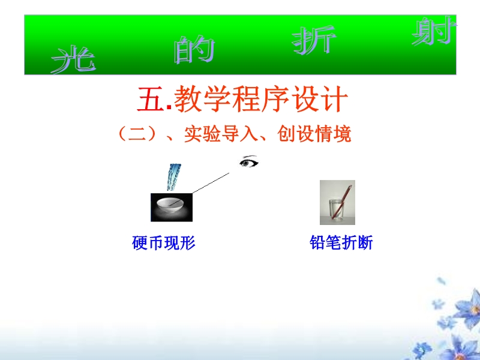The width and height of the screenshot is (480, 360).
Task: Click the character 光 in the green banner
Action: pyautogui.click(x=73, y=59)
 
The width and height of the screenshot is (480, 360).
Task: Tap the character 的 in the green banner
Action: pyautogui.click(x=194, y=50)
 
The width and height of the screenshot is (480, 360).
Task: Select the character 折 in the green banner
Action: pyautogui.click(x=314, y=40)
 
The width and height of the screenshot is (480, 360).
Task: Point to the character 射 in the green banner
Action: pyautogui.click(x=434, y=31)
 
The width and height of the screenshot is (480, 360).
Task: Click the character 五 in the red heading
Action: pyautogui.click(x=150, y=99)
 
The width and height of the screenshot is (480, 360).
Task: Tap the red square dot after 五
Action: pyautogui.click(x=169, y=107)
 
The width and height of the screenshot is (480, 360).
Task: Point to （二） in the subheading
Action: pyautogui.click(x=137, y=134)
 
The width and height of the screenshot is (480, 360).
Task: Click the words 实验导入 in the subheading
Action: pyautogui.click(x=221, y=134)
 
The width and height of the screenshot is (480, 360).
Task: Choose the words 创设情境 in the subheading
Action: pyautogui.click(x=314, y=134)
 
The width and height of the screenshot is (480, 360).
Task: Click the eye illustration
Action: pyautogui.click(x=249, y=161)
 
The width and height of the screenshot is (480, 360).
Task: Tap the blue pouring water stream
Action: pyautogui.click(x=174, y=177)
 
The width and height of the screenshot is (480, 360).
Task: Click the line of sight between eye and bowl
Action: pyautogui.click(x=211, y=183)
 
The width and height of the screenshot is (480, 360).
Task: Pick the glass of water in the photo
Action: pyautogui.click(x=337, y=210)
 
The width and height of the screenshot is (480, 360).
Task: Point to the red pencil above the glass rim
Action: pyautogui.click(x=346, y=193)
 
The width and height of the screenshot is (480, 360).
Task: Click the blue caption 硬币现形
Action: pyautogui.click(x=163, y=243)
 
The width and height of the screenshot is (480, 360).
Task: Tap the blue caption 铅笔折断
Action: pyautogui.click(x=341, y=243)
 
